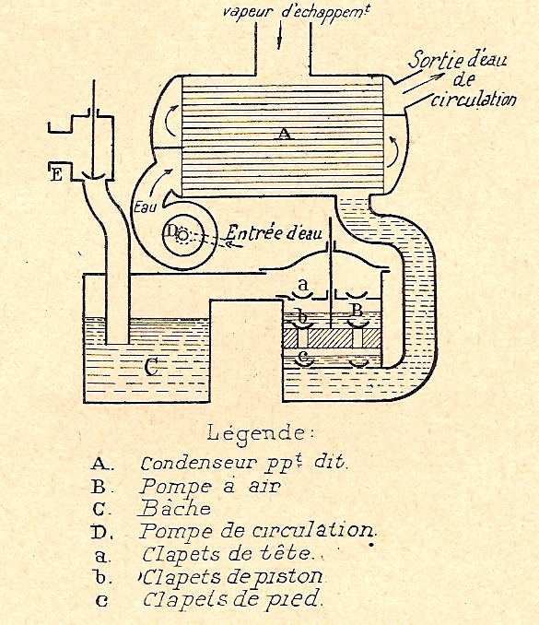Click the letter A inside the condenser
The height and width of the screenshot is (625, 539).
[283, 134]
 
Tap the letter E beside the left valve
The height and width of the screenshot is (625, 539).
[56, 174]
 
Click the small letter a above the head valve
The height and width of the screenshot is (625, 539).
[303, 285]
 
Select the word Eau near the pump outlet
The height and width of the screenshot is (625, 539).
[145, 206]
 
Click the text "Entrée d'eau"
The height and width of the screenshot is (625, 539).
[274, 232]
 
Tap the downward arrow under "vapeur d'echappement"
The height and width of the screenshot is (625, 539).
[280, 35]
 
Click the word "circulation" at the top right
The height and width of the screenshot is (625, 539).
[474, 99]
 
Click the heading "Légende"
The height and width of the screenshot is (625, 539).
[259, 432]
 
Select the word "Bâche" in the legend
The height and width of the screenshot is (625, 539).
[175, 508]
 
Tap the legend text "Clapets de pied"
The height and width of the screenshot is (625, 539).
[231, 598]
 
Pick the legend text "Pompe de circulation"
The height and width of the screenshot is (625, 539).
[258, 531]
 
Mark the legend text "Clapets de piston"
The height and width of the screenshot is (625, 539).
[233, 577]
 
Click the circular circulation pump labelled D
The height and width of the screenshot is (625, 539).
[183, 236]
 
